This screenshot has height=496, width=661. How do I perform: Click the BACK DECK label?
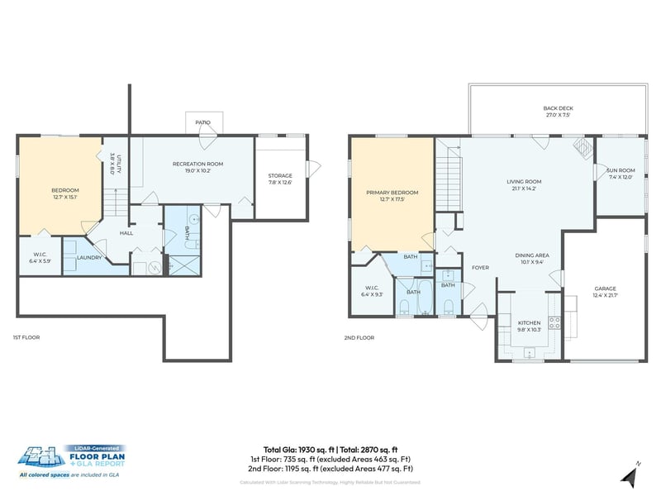point(558,108)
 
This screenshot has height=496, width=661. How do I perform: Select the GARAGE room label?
point(605,289)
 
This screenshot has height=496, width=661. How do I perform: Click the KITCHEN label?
point(529,322)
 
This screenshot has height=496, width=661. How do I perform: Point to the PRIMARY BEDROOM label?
point(392,193)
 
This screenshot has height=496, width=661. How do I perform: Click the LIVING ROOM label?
point(524,182)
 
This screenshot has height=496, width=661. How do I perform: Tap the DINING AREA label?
point(532,255)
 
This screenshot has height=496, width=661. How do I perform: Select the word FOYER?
point(480,268)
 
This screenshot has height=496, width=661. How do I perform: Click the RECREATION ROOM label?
point(197,164)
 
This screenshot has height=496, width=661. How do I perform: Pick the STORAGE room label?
point(280,175)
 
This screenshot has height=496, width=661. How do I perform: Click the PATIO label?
point(203,122)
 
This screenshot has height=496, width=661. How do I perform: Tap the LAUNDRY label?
point(88,257)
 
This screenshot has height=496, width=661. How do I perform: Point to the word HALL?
point(126,233)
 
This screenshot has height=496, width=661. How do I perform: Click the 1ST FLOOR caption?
point(26,337)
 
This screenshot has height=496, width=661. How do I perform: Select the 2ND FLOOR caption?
point(359,337)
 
